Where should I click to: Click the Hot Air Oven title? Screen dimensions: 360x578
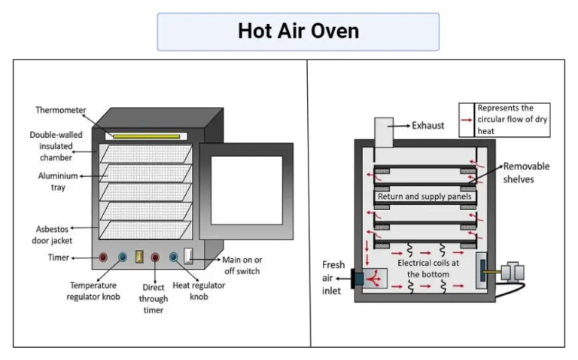[298, 31]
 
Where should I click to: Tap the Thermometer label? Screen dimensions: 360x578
[59, 110]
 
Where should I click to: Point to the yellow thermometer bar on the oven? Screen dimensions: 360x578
[146, 136]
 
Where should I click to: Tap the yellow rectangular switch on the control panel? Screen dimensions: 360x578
[139, 257]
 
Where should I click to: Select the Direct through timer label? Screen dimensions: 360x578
[154, 298]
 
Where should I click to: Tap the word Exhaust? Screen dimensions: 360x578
[428, 125]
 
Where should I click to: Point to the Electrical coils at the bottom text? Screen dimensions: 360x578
[424, 269]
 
